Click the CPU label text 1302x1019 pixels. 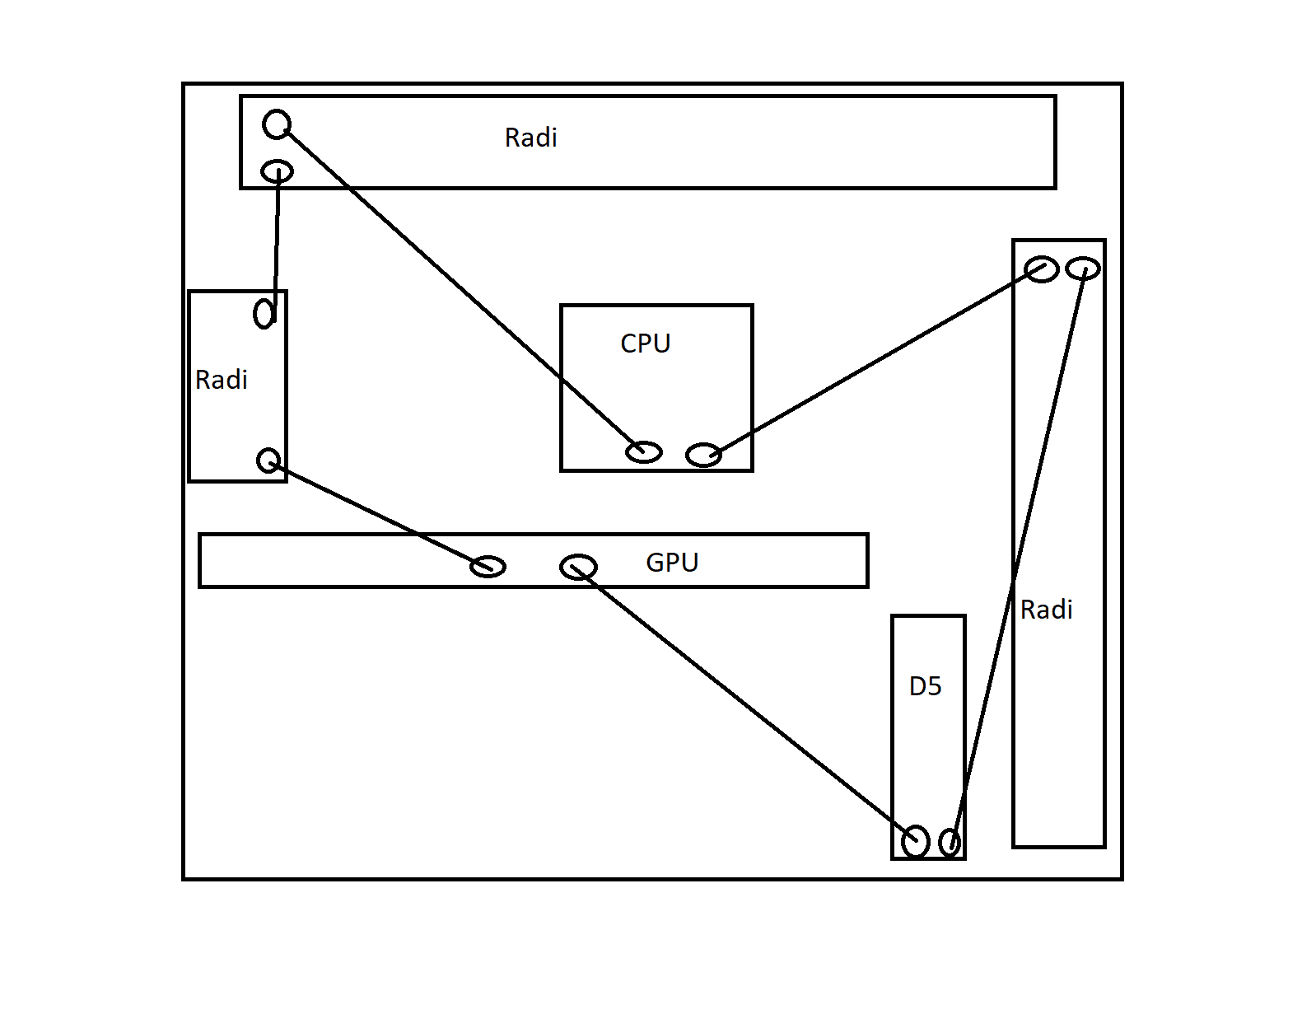(x=646, y=343)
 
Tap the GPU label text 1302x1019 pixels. (x=672, y=563)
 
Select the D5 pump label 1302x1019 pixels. (x=925, y=686)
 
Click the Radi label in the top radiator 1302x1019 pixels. (x=531, y=138)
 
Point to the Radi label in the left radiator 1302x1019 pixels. (x=222, y=380)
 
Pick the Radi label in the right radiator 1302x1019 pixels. (x=1046, y=610)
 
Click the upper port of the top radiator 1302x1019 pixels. (x=277, y=124)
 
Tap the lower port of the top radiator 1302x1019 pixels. (x=277, y=171)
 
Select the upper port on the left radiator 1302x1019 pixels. (x=264, y=313)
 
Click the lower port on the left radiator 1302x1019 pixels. (x=269, y=460)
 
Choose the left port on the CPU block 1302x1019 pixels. (x=644, y=451)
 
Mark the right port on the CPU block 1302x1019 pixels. (x=704, y=455)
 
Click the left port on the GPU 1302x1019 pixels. (x=488, y=566)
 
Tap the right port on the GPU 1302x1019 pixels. (x=578, y=567)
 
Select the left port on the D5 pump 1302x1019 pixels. (x=916, y=841)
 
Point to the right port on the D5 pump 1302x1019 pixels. (x=950, y=842)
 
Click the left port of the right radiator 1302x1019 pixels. (x=1041, y=269)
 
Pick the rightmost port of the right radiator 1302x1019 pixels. (x=1083, y=269)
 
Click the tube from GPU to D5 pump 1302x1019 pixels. (x=745, y=704)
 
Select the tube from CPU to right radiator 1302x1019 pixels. (x=873, y=362)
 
